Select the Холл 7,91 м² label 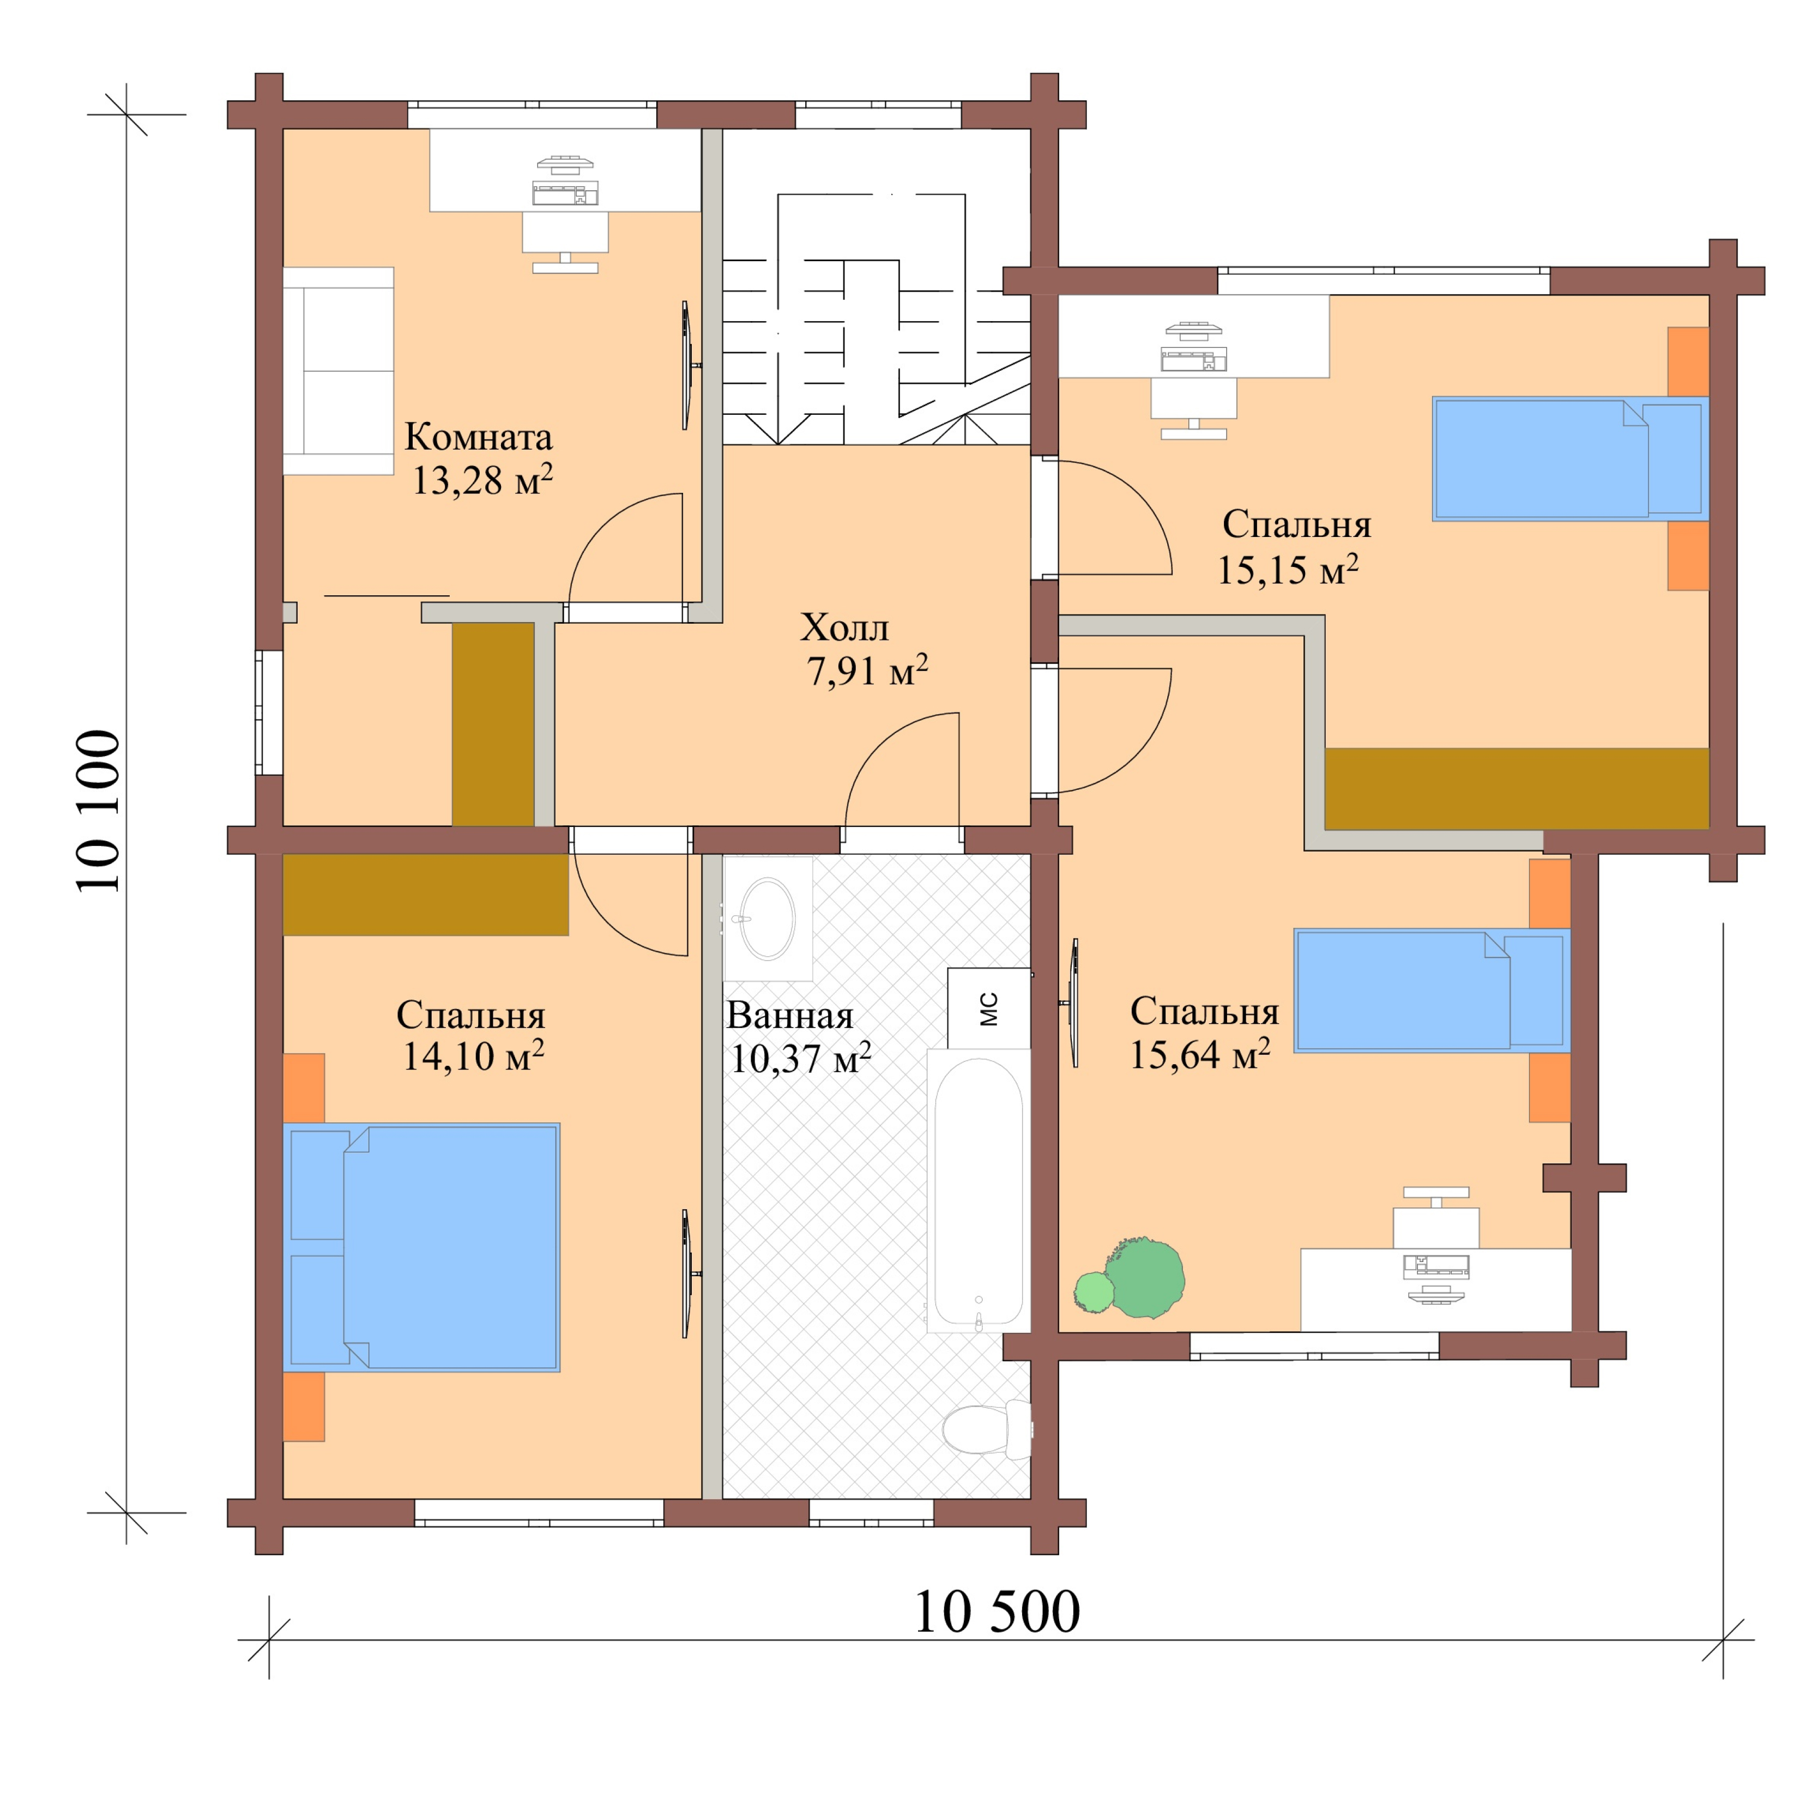(861, 649)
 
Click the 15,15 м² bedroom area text (1287, 570)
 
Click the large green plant (1145, 1277)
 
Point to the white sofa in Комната (338, 371)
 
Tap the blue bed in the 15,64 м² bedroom (1431, 990)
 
